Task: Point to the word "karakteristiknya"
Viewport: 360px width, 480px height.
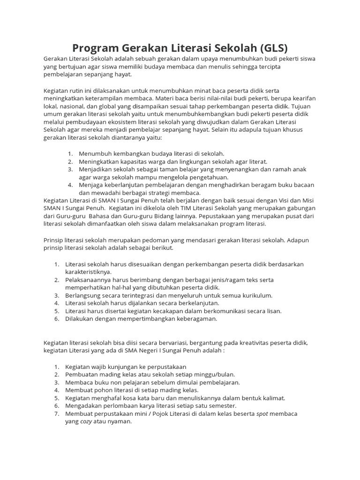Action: click(88, 272)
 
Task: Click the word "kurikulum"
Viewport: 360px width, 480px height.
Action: click(257, 295)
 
